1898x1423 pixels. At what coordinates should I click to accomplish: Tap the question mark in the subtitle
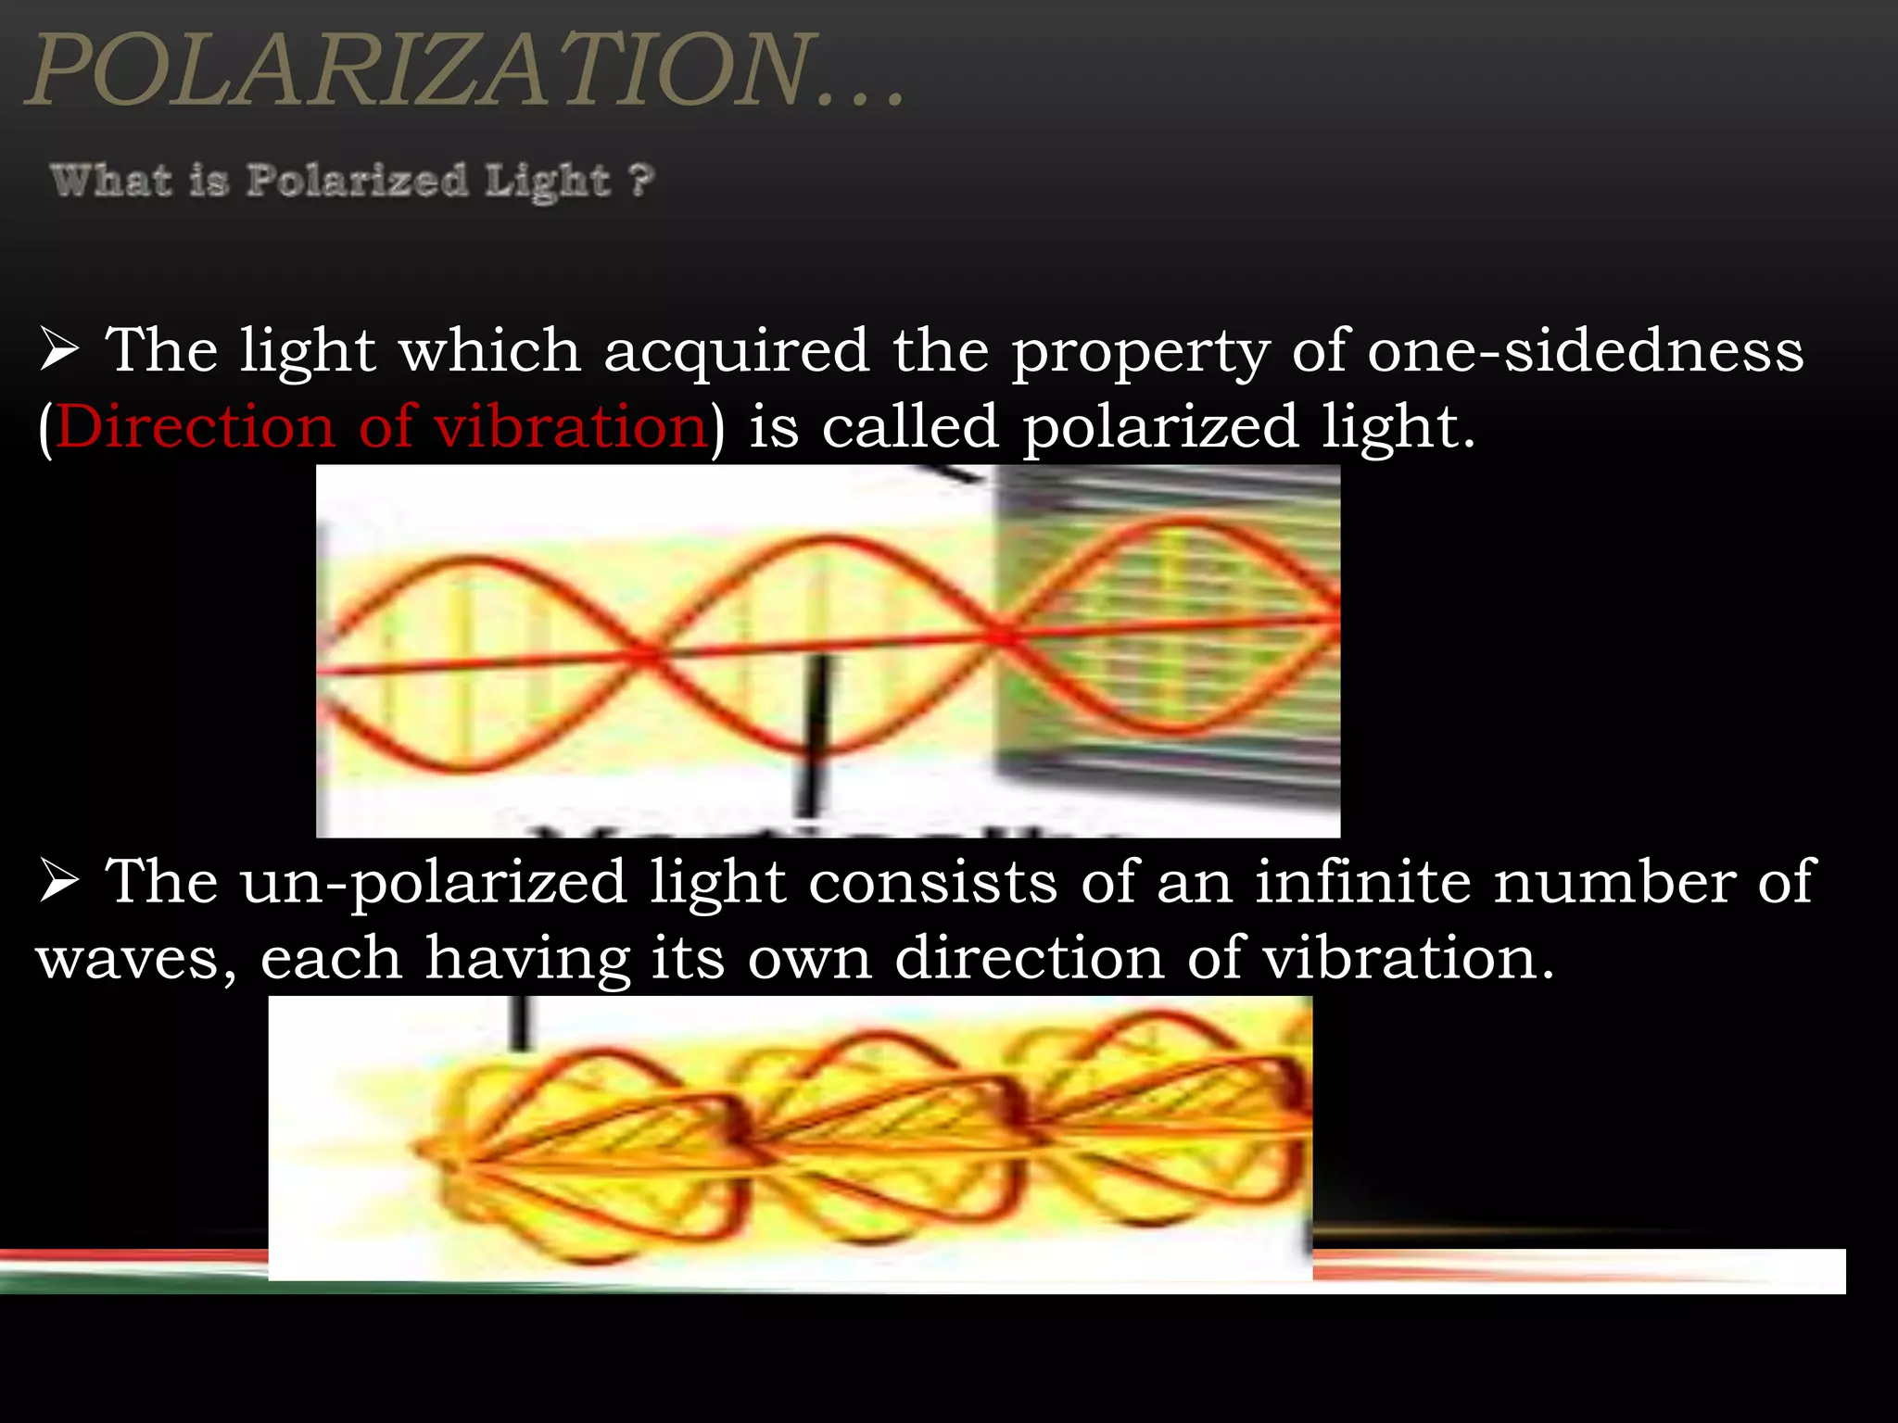pos(641,179)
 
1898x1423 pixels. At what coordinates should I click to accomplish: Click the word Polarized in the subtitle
pos(357,180)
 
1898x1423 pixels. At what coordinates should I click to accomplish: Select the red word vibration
pos(570,427)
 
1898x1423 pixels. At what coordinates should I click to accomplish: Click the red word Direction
pos(195,427)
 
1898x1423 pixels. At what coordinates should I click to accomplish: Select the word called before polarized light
pos(910,427)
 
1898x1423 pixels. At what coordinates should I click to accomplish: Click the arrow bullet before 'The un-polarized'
pos(59,883)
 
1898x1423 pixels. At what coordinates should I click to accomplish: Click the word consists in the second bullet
pos(932,881)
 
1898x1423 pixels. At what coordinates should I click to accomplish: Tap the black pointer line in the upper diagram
pos(816,732)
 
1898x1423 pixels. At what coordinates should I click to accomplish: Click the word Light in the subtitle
pos(547,181)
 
